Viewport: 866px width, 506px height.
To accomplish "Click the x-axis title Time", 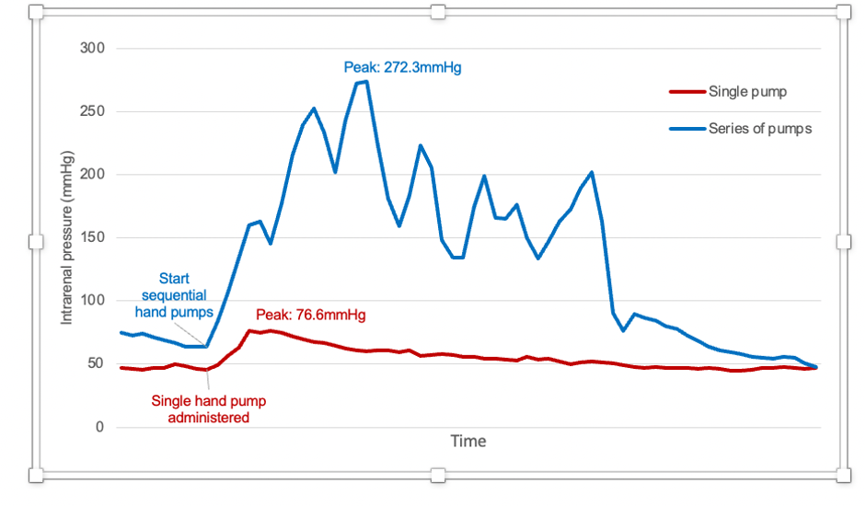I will [468, 442].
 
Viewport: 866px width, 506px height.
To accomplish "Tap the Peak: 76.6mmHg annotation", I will [310, 316].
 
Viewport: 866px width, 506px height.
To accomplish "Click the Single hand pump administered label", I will [202, 408].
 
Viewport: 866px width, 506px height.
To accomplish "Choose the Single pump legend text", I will [747, 91].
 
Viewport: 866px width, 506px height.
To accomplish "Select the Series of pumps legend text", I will [759, 129].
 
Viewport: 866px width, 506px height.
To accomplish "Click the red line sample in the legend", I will [686, 91].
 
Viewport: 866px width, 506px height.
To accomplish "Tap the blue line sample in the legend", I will [686, 129].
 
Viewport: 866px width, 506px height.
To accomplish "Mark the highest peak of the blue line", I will [366, 82].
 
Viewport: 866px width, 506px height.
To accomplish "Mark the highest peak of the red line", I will [249, 330].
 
